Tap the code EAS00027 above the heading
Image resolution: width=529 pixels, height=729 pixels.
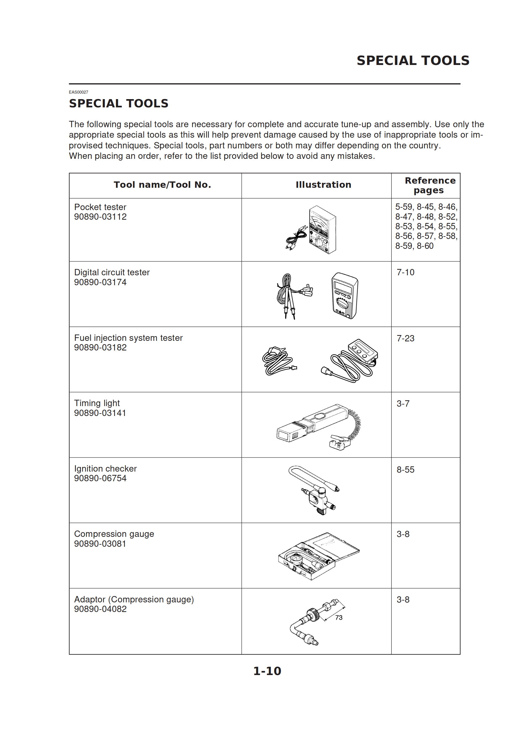point(78,92)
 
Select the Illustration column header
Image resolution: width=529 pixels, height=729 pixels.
point(323,184)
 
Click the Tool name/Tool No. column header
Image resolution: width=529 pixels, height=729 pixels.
point(162,184)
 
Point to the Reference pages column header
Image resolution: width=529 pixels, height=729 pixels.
point(430,185)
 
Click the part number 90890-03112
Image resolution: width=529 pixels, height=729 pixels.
point(100,217)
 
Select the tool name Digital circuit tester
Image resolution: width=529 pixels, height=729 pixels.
point(112,272)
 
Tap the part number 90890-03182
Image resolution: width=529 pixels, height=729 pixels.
point(100,347)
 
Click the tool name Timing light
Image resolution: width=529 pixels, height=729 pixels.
point(97,403)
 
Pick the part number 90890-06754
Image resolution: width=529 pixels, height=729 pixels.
point(100,478)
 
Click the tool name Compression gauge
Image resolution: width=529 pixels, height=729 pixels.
point(114,534)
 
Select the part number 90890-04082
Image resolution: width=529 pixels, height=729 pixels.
point(100,609)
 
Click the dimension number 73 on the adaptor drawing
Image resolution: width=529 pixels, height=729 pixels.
point(339,618)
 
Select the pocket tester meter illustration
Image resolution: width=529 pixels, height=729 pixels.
point(322,230)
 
